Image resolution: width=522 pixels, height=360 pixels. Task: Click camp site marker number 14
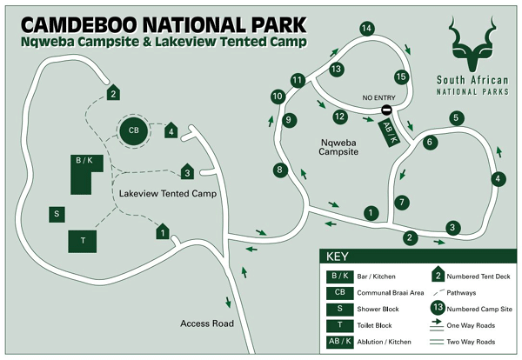coord(366,29)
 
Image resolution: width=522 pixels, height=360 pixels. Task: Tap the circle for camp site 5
coord(455,117)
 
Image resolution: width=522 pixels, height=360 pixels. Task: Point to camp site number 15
coord(401,77)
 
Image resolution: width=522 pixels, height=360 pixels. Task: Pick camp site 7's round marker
coord(401,202)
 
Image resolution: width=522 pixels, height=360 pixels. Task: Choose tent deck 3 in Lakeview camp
coord(186,172)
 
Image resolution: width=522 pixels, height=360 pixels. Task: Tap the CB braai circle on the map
coord(133,130)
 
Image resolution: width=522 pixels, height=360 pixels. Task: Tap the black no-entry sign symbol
coord(385,110)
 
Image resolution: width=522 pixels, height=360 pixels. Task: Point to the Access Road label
coord(208,323)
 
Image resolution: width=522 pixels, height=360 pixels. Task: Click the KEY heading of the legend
coord(337,257)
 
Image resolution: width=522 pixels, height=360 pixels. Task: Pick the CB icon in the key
coord(339,293)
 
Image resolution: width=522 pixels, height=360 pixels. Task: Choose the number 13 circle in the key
coord(440,307)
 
